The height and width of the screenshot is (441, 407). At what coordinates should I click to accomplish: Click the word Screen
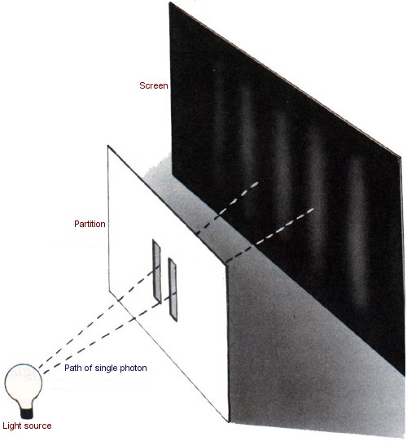pyautogui.click(x=153, y=85)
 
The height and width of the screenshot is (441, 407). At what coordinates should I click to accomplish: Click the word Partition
pyautogui.click(x=90, y=224)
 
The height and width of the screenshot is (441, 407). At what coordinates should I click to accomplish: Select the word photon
pyautogui.click(x=133, y=368)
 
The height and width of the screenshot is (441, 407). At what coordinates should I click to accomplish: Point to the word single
pyautogui.click(x=106, y=369)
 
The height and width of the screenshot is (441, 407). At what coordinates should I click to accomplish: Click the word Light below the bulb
pyautogui.click(x=13, y=426)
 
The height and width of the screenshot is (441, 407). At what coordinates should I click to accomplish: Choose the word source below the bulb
pyautogui.click(x=38, y=426)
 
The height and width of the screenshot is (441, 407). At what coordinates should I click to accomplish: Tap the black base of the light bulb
pyautogui.click(x=27, y=413)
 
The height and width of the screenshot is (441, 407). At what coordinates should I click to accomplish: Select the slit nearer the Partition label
pyautogui.click(x=157, y=272)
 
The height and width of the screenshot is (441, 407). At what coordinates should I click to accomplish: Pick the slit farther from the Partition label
pyautogui.click(x=173, y=290)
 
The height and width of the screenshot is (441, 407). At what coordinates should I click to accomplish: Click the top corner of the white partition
pyautogui.click(x=107, y=146)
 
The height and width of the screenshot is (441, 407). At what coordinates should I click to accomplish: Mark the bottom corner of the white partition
pyautogui.click(x=229, y=421)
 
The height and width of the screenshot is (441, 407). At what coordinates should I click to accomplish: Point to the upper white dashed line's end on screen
pyautogui.click(x=256, y=183)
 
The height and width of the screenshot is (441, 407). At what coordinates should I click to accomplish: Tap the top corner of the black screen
pyautogui.click(x=169, y=2)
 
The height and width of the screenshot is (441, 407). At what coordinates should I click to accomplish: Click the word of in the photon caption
pyautogui.click(x=89, y=368)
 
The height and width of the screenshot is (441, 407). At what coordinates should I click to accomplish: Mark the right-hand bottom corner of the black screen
pyautogui.click(x=405, y=375)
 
